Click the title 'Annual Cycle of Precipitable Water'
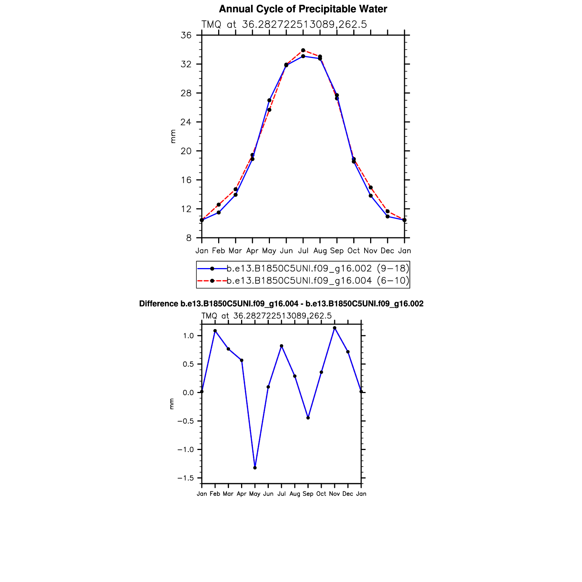(303, 9)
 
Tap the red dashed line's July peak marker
(303, 50)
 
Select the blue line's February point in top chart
(219, 213)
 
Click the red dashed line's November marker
(370, 187)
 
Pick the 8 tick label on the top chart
(189, 238)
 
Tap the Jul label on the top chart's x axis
(303, 251)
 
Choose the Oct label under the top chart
(353, 251)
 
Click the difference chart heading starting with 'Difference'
(281, 304)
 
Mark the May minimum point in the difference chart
(255, 468)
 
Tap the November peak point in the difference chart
(335, 328)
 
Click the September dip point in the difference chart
(308, 418)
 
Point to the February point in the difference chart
(215, 331)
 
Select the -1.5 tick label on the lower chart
(185, 478)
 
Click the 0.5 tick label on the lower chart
(188, 364)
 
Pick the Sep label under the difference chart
(308, 494)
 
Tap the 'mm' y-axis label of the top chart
(173, 136)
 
